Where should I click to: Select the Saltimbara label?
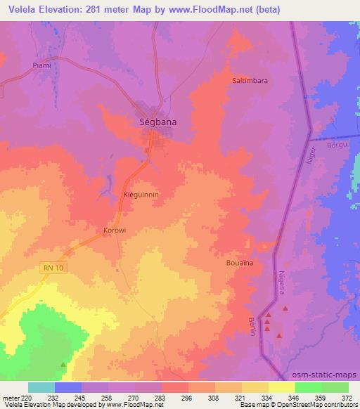click(x=250, y=81)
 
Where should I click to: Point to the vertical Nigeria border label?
click(x=282, y=284)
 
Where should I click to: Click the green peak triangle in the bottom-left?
click(x=64, y=364)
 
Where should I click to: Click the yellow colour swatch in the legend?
click(x=281, y=387)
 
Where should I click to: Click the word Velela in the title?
click(x=19, y=10)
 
